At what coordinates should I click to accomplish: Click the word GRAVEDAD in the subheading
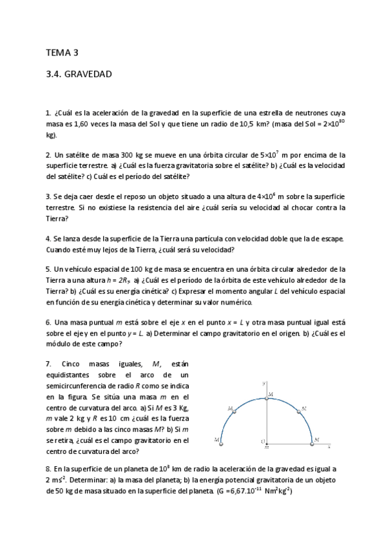click(x=88, y=74)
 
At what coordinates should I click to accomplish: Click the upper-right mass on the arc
click(x=298, y=409)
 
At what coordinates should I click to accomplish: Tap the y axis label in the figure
click(x=265, y=383)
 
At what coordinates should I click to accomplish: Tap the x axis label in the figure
click(x=329, y=444)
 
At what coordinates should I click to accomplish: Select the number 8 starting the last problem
click(x=48, y=469)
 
